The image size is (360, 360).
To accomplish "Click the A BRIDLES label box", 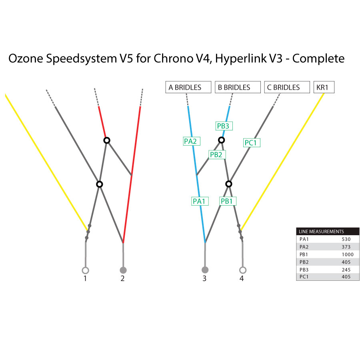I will (188, 87).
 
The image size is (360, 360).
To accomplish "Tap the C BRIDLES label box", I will (287, 87).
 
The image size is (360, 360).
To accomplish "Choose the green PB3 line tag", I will (223, 126).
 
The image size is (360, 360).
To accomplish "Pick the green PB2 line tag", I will (216, 154).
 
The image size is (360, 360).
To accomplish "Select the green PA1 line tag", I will (199, 201).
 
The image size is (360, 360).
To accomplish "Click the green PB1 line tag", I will (227, 201).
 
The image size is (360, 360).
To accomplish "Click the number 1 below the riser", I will (85, 278).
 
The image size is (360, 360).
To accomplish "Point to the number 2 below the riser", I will (122, 278).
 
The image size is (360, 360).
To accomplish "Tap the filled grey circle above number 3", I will (205, 270).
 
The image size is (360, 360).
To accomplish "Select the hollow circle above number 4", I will (242, 270).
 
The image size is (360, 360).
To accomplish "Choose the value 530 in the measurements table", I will (346, 239).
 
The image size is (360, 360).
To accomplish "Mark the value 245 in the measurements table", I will (346, 270).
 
